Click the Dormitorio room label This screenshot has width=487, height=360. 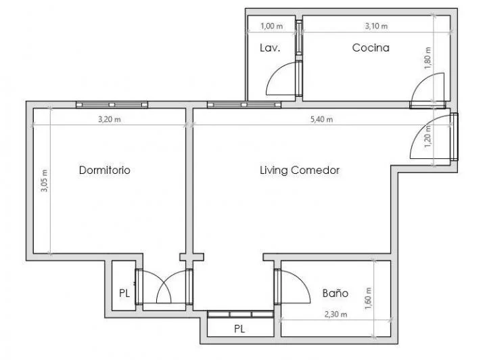pyautogui.click(x=104, y=171)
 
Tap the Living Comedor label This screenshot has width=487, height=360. pyautogui.click(x=300, y=171)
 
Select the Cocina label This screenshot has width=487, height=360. pyautogui.click(x=371, y=48)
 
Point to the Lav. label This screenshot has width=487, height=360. pyautogui.click(x=270, y=48)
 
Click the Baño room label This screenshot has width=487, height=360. pyautogui.click(x=335, y=294)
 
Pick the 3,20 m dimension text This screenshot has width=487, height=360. pyautogui.click(x=109, y=120)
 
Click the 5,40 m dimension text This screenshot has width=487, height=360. pyautogui.click(x=321, y=120)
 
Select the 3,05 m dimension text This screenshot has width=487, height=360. pyautogui.click(x=44, y=181)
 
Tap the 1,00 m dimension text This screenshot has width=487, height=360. pyautogui.click(x=271, y=26)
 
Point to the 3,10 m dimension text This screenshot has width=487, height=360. pyautogui.click(x=376, y=26)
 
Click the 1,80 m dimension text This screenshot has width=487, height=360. pyautogui.click(x=426, y=55)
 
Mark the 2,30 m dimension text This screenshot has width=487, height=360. pyautogui.click(x=335, y=314)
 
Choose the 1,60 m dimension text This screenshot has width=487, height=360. pyautogui.click(x=367, y=297)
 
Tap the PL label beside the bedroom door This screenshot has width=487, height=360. pyautogui.click(x=124, y=294)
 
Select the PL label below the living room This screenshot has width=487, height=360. pyautogui.click(x=239, y=330)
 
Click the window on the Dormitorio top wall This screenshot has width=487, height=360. pyautogui.click(x=112, y=105)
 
